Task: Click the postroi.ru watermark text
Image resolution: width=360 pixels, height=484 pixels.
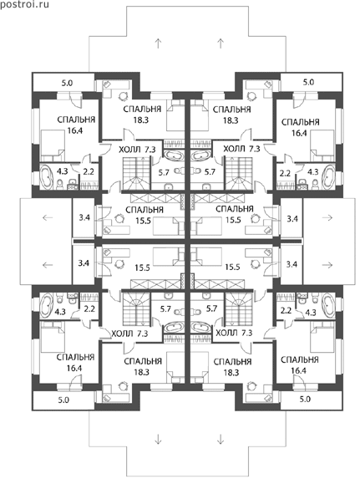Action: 24,5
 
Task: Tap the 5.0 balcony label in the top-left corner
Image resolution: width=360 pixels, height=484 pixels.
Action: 67,83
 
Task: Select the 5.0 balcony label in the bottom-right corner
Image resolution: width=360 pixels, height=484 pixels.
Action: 305,399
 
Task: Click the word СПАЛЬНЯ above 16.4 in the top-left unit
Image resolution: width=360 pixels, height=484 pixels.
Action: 76,120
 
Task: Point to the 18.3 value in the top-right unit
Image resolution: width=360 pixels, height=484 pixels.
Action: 231,120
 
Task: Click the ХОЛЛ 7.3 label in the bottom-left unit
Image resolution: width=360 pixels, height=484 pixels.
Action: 129,334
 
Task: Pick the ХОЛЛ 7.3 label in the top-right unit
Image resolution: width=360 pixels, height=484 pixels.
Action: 241,150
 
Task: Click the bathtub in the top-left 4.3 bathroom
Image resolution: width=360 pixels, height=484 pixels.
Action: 48,176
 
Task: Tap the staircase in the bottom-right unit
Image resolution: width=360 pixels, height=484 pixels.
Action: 239,308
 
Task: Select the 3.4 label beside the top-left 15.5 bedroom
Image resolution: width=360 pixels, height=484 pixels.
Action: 84,217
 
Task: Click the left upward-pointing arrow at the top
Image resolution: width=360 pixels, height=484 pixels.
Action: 158,43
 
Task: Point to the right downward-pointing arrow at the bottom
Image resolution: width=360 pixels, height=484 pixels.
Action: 221,439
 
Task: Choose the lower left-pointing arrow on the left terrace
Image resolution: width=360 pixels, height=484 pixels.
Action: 48,265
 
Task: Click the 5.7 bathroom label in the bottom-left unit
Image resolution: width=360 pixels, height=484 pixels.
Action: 165,308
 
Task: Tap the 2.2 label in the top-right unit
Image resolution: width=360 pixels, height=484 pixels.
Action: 285,173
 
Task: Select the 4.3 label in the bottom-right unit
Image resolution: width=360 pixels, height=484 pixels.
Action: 311,313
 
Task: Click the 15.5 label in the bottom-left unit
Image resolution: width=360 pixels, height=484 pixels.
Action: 142,267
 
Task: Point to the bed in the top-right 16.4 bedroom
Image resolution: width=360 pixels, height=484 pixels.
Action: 322,145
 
